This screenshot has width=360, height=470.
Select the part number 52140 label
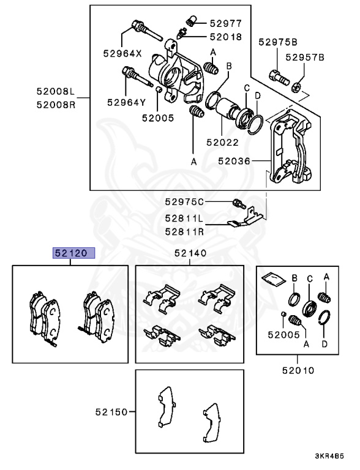[190, 253]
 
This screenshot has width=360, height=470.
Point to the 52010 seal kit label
[298, 370]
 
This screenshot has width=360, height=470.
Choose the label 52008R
[55, 104]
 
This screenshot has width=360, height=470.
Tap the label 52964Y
[126, 102]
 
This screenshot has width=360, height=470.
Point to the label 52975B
[277, 42]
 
